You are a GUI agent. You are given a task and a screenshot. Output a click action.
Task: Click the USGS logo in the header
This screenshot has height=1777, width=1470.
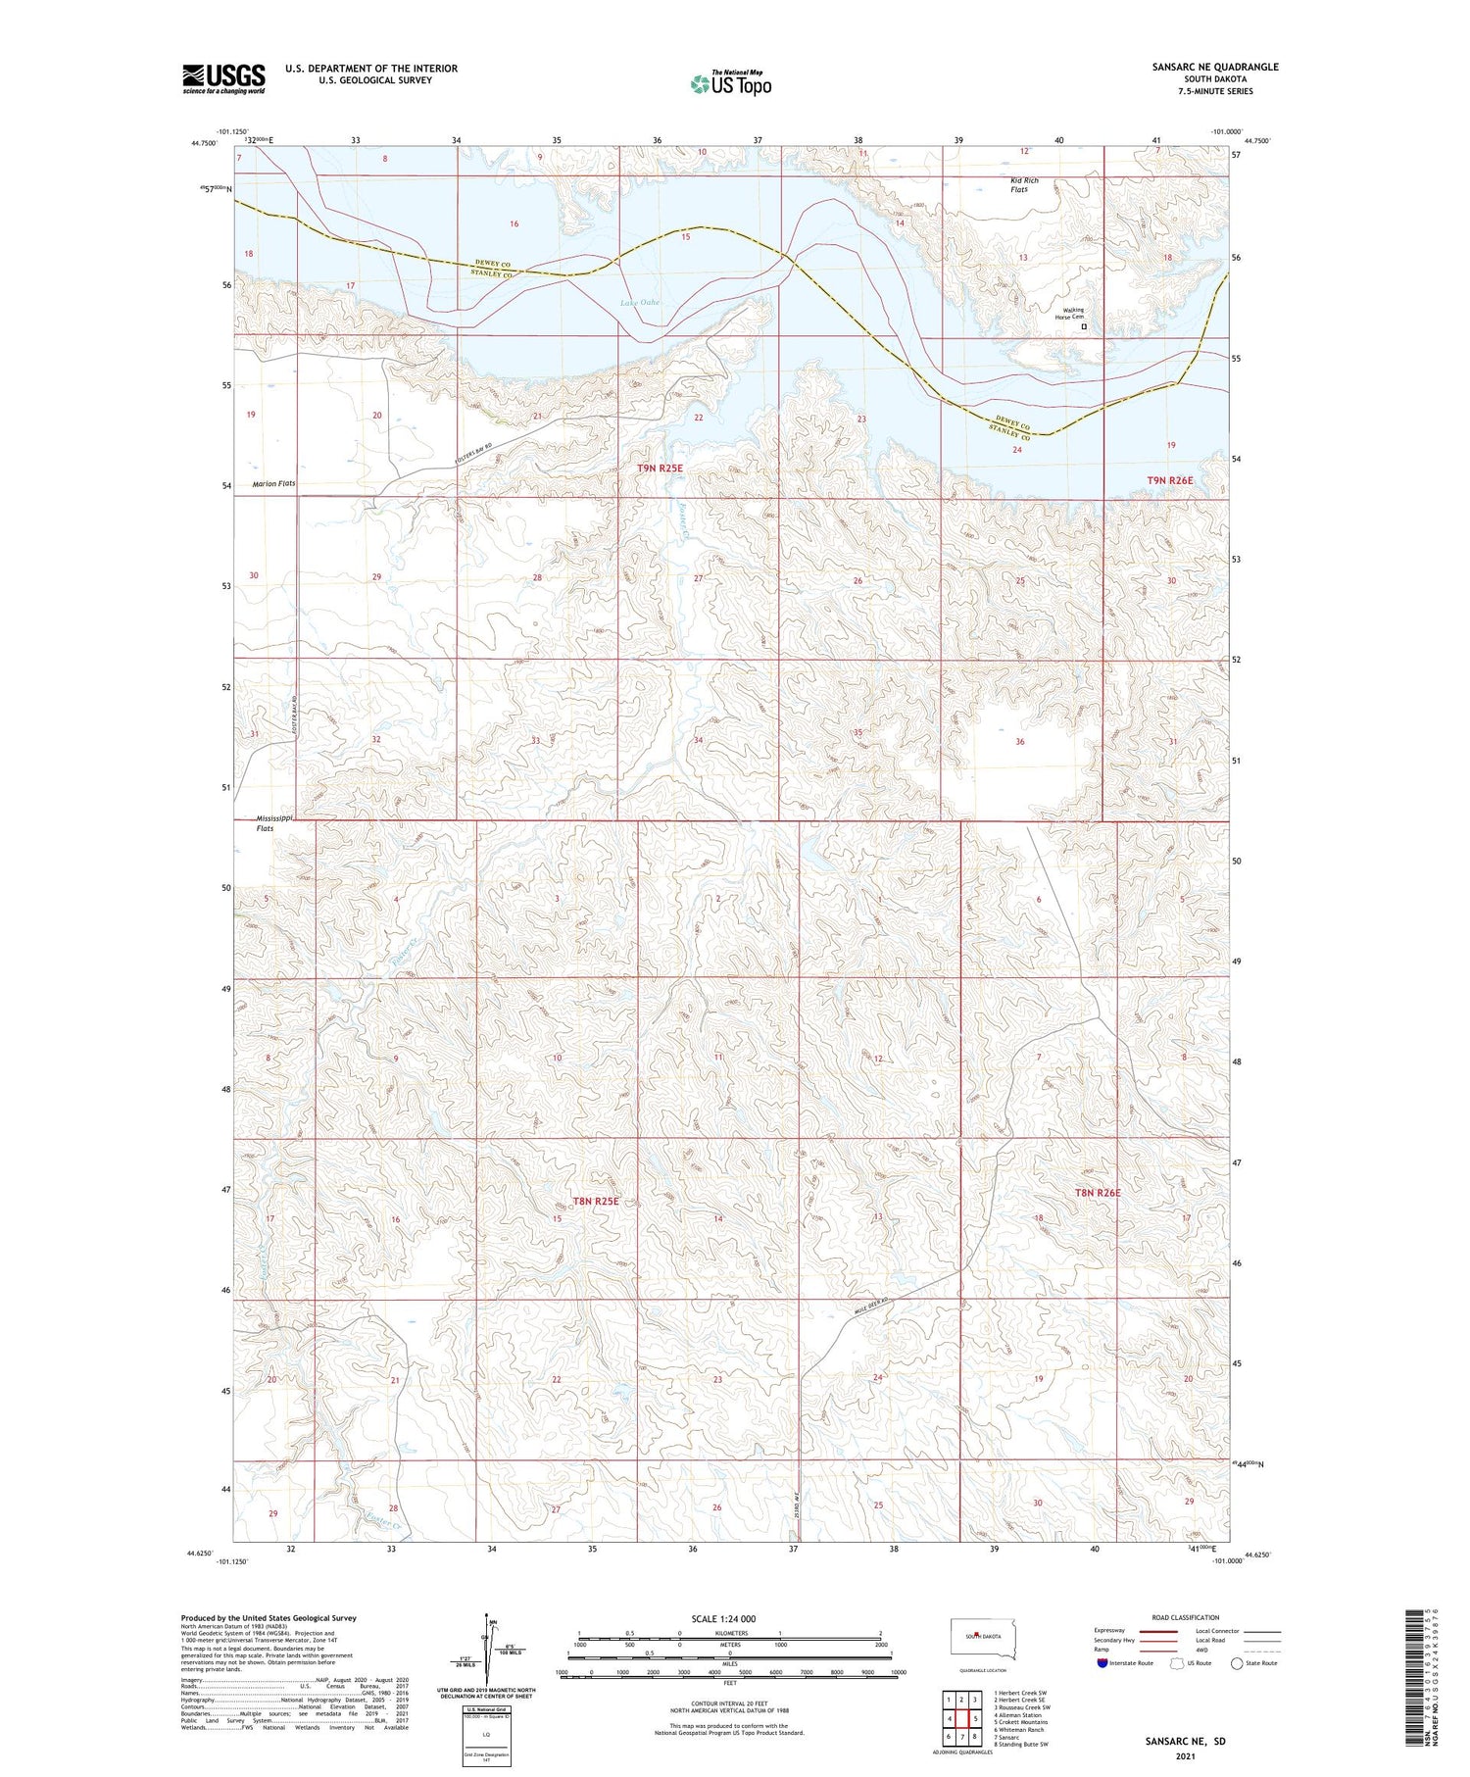point(223,78)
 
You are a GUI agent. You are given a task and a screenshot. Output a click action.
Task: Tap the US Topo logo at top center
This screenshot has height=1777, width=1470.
point(730,83)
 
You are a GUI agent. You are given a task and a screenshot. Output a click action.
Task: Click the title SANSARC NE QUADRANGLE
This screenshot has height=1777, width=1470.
point(1215,67)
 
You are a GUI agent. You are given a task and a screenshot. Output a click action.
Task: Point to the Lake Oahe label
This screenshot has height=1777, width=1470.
point(640,303)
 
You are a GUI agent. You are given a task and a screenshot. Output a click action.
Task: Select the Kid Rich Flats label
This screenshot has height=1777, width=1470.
point(1024,184)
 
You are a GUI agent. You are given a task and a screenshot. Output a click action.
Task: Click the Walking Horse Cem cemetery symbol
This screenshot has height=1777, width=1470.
point(1084,326)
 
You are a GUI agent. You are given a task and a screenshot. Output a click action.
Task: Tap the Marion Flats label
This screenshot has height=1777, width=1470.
point(273,484)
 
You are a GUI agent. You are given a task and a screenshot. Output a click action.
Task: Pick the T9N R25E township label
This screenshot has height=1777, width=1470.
point(660,469)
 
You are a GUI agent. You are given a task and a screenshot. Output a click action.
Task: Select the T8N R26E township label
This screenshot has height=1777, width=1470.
point(1097,1193)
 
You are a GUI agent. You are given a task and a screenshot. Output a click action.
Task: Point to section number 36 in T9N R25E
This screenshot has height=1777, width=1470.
point(1019,742)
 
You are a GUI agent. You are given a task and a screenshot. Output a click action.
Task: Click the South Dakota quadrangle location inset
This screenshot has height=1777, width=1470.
point(983,1637)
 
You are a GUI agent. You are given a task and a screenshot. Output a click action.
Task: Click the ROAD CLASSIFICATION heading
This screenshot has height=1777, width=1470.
point(1186,1617)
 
